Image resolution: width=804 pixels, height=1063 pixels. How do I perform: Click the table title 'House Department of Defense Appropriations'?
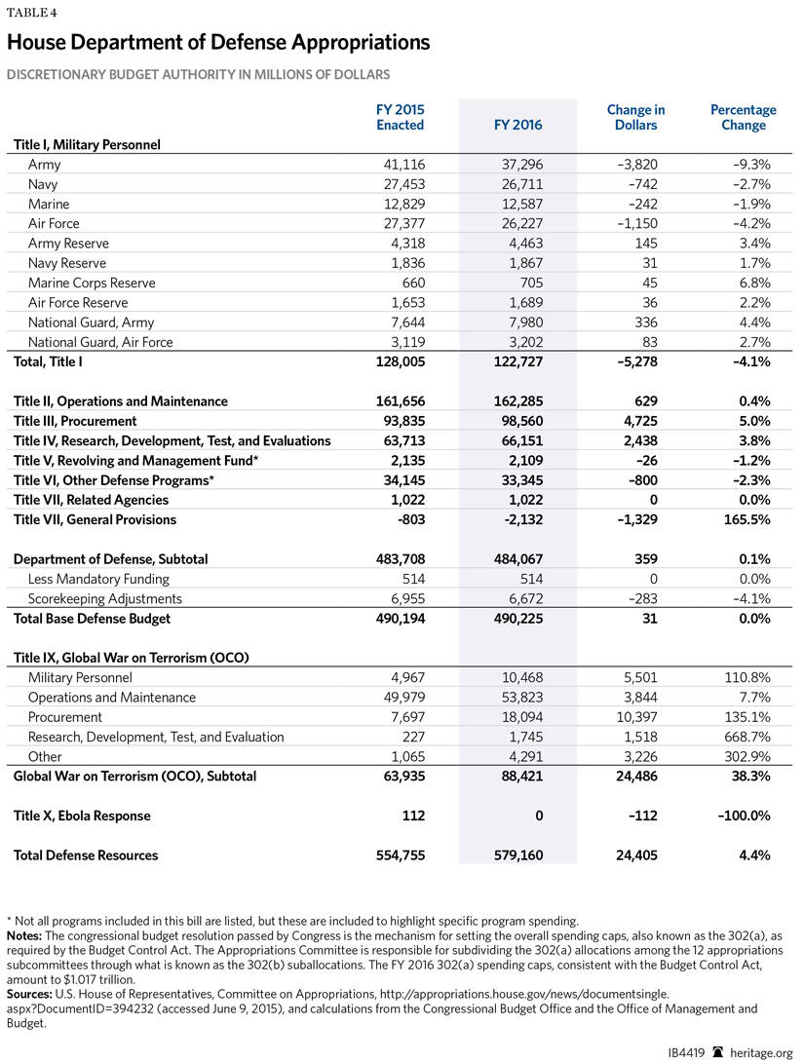coord(218,42)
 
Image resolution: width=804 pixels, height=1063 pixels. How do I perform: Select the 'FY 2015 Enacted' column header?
coord(401,117)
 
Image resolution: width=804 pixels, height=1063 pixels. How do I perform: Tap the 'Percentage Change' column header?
coord(743,117)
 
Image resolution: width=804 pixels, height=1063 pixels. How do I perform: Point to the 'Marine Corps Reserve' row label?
coord(92,283)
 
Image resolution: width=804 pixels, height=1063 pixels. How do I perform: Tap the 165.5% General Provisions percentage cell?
coord(747,519)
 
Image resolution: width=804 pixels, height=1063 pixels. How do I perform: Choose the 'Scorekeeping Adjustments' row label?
coord(105,598)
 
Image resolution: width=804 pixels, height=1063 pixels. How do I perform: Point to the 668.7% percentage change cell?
coord(747,737)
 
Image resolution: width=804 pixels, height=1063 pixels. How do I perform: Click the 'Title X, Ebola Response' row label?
coord(82,816)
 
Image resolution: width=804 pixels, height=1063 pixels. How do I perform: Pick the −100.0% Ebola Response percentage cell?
coord(742,816)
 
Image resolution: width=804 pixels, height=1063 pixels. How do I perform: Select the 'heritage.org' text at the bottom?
coord(762,1052)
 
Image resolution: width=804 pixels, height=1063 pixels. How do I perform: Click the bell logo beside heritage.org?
coord(718,1051)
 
